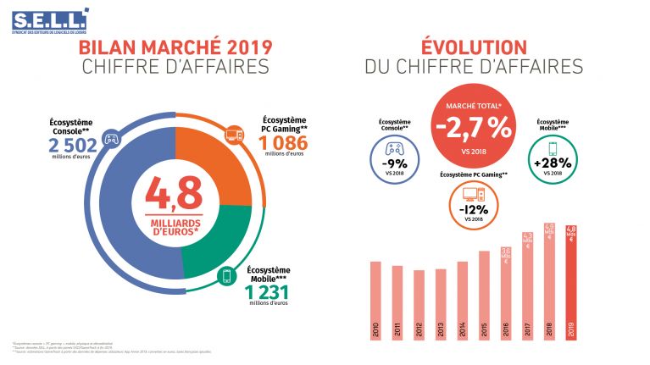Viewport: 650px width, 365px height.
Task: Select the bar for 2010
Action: point(375,301)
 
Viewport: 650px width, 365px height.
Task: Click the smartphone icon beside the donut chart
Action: point(228,275)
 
